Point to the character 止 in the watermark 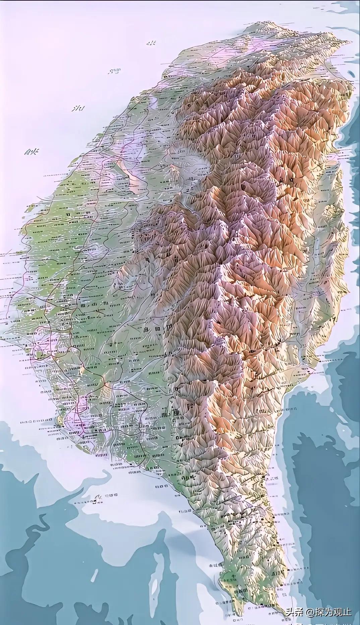point(347,612)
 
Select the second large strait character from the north point(114,72)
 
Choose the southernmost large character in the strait point(32,152)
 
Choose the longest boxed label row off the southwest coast point(37,421)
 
